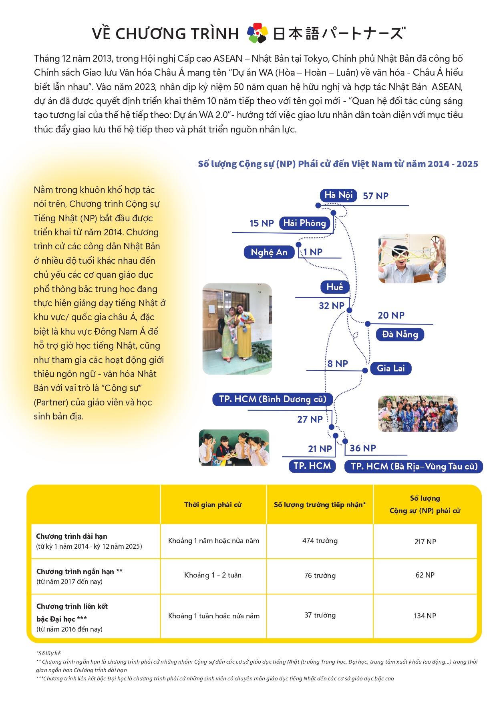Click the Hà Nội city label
coord(338,195)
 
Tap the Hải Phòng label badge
coord(304,223)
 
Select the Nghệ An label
coord(269,252)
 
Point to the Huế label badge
coord(335,287)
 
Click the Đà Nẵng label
coord(400,335)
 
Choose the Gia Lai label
coord(391,369)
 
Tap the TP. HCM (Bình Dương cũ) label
coord(273,399)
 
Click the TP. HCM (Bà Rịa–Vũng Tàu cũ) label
coord(414,467)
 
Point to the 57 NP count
coord(375,196)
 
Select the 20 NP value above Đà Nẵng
coord(391,315)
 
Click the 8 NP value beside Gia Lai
coord(338,364)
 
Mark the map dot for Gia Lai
coord(365,371)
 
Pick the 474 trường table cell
coord(320,541)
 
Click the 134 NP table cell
coord(425,616)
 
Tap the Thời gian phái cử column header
coord(213,505)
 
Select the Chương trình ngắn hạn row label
coord(79,572)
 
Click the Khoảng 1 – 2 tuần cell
coord(213,576)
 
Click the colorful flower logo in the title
coord(257,33)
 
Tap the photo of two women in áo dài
coord(237,329)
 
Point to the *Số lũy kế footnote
coord(48,654)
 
